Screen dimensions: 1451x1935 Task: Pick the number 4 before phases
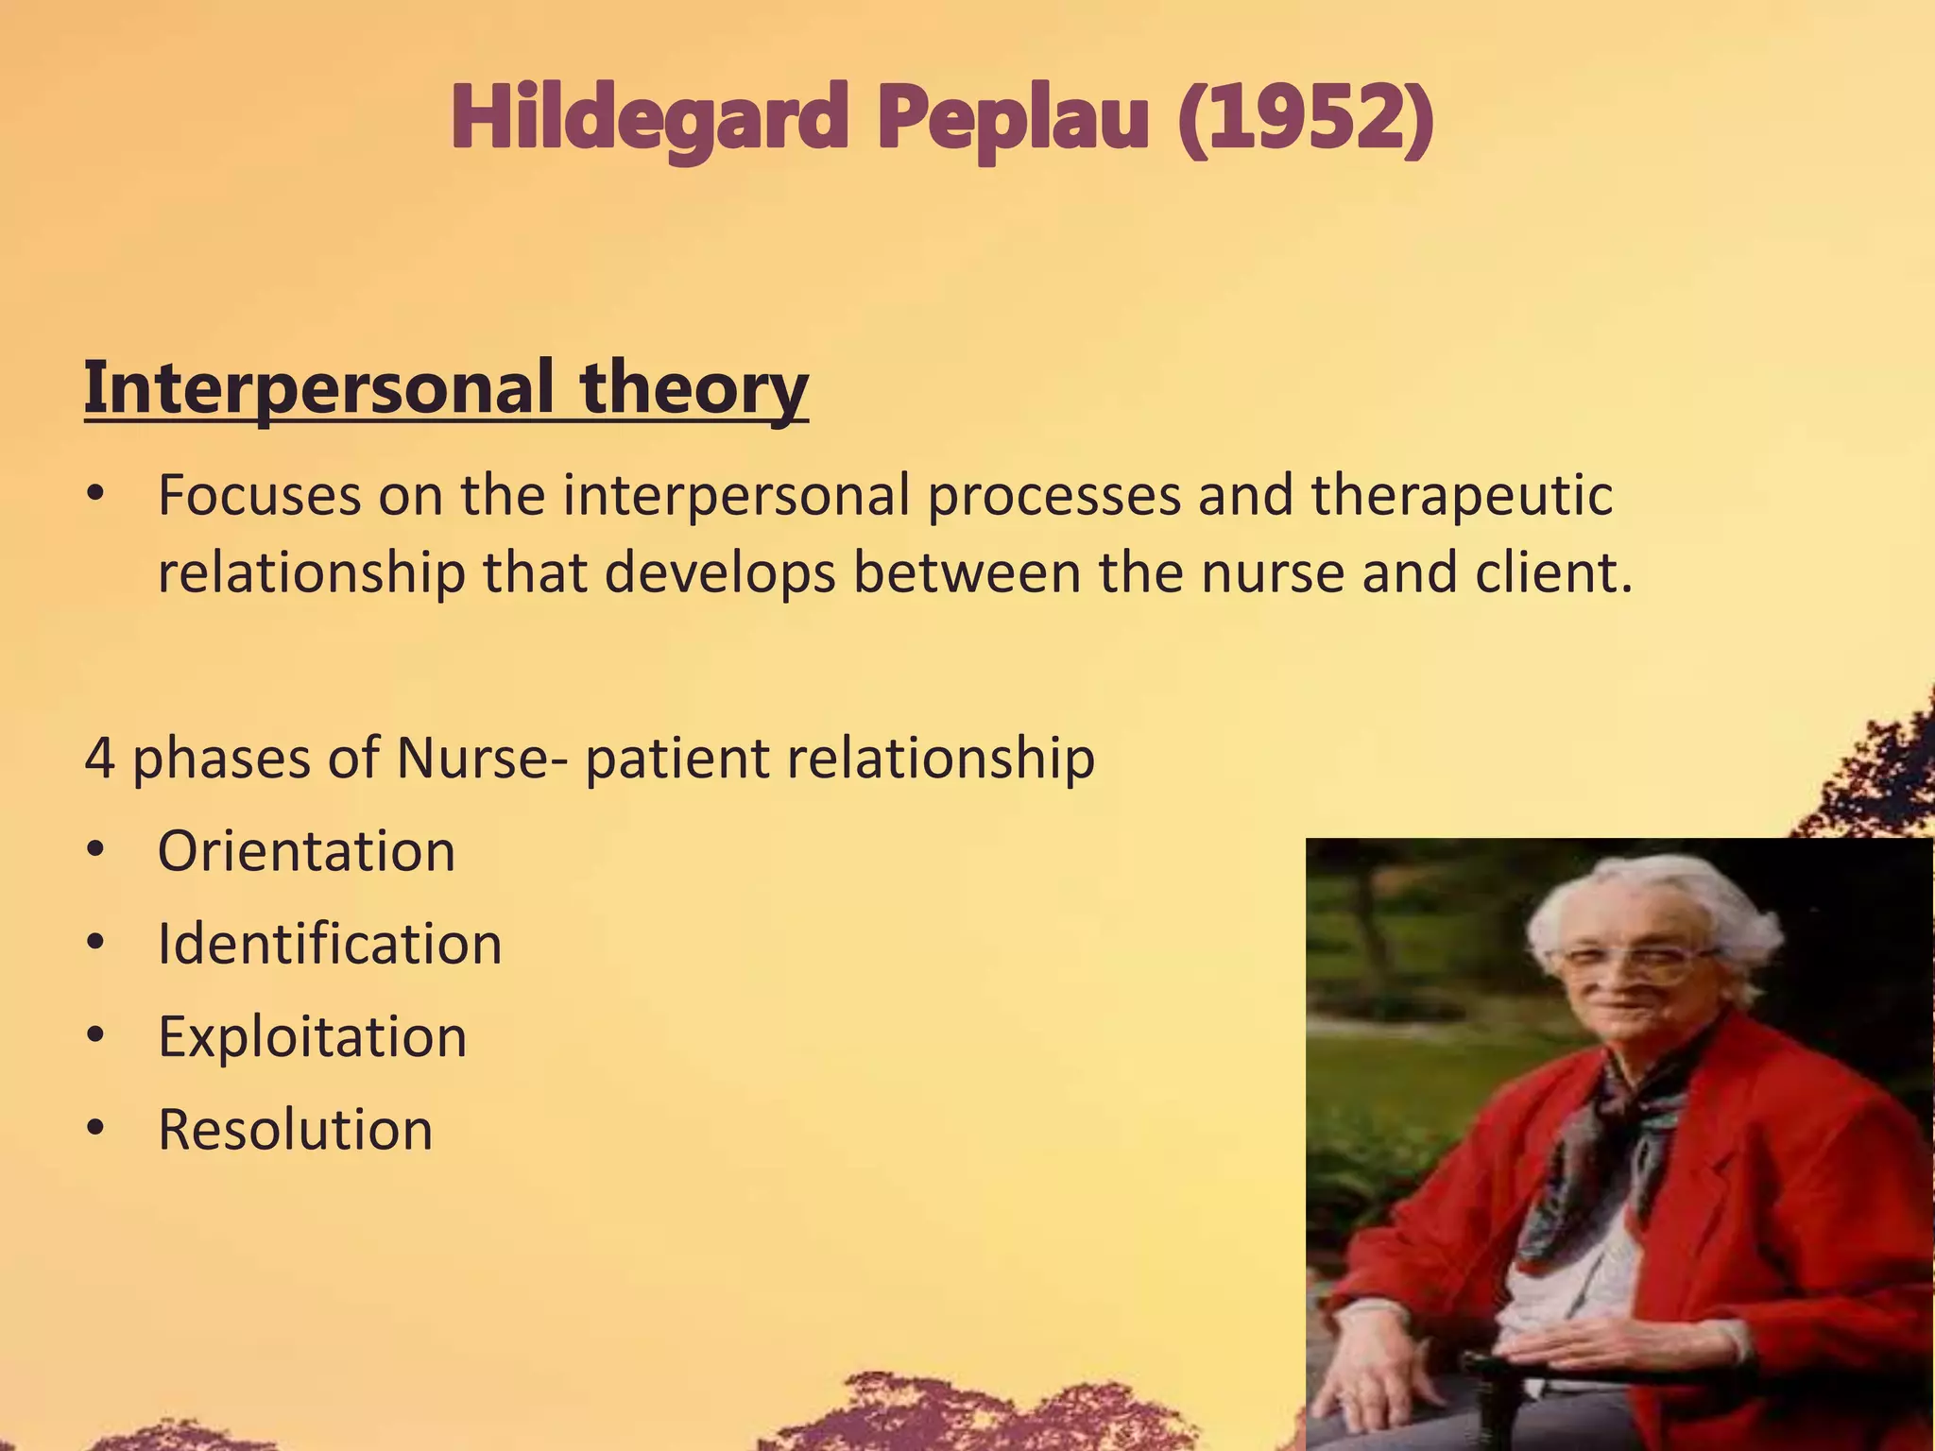pos(99,758)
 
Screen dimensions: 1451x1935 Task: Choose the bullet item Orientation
pos(306,851)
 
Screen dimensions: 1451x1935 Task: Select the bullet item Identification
pos(329,944)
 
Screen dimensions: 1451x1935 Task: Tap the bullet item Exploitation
pos(312,1036)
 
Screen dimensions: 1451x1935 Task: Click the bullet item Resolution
pos(295,1129)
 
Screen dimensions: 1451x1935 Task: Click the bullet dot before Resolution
pos(94,1129)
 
